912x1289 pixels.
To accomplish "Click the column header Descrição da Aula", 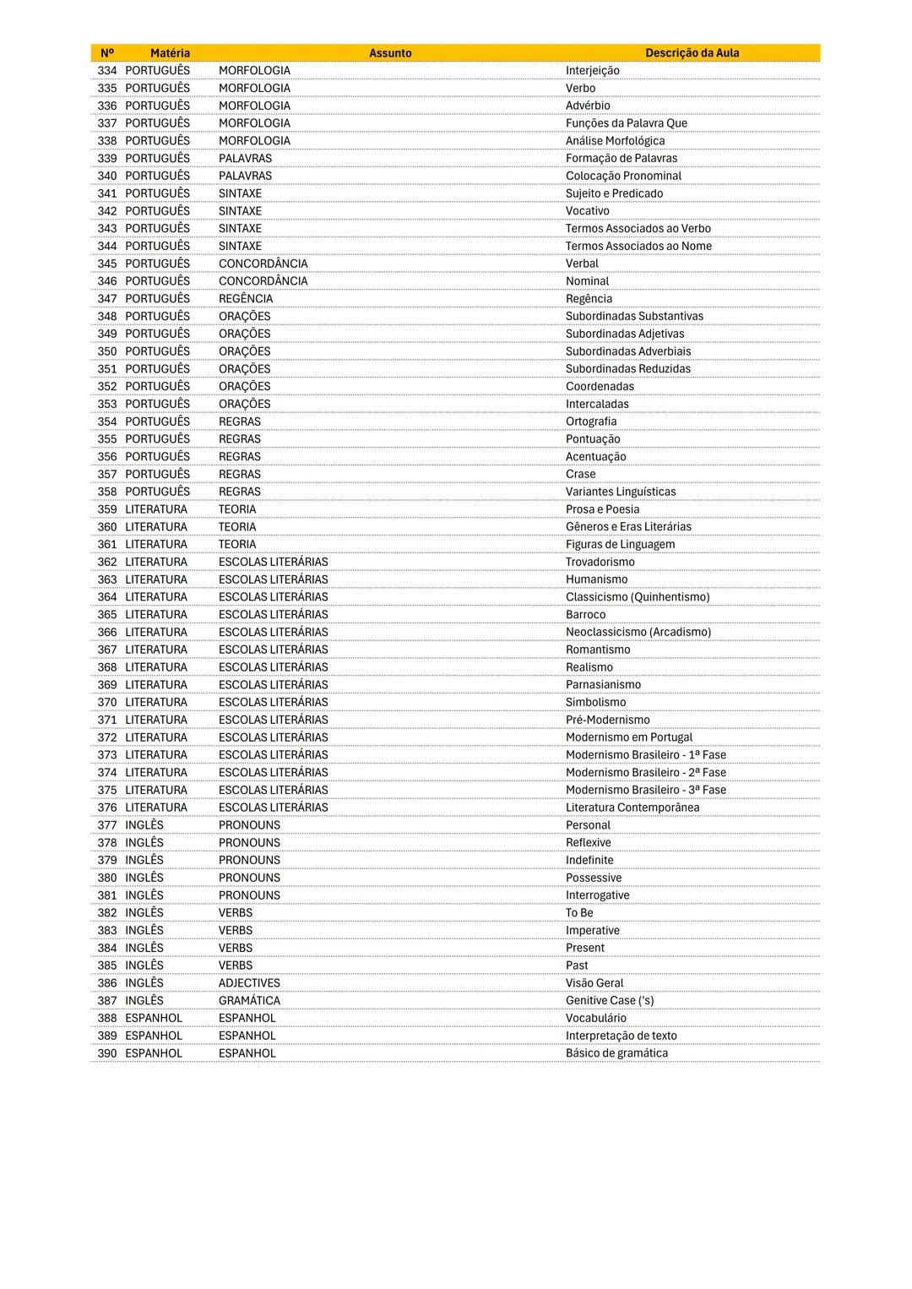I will coord(692,53).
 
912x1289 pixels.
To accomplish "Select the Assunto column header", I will coord(390,53).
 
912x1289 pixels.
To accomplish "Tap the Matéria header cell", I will coord(170,53).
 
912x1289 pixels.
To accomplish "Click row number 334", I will coord(107,71).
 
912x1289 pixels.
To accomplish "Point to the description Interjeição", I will coord(592,71).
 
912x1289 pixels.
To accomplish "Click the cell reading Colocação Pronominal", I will coord(623,176).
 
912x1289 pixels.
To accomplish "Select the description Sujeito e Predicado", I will coord(614,193).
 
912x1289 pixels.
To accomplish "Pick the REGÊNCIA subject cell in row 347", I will coord(246,299).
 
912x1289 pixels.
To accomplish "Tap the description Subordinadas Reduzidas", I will coord(627,369).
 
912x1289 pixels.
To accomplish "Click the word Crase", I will coord(580,474).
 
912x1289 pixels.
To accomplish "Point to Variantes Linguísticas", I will coord(620,492).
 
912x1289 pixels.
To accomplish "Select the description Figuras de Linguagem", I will coord(620,545).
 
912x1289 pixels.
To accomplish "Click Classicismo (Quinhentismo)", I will coord(637,597).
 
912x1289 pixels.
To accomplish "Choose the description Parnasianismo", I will coord(603,685).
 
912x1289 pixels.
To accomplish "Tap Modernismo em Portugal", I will coord(628,737).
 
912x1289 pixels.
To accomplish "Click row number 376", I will coord(107,808).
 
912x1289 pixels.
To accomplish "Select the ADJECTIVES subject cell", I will coord(249,983).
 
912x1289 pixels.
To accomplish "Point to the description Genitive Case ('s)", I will coord(610,1001).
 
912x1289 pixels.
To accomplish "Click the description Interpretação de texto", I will coord(621,1036).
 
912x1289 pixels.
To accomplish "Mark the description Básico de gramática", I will coord(616,1053).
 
